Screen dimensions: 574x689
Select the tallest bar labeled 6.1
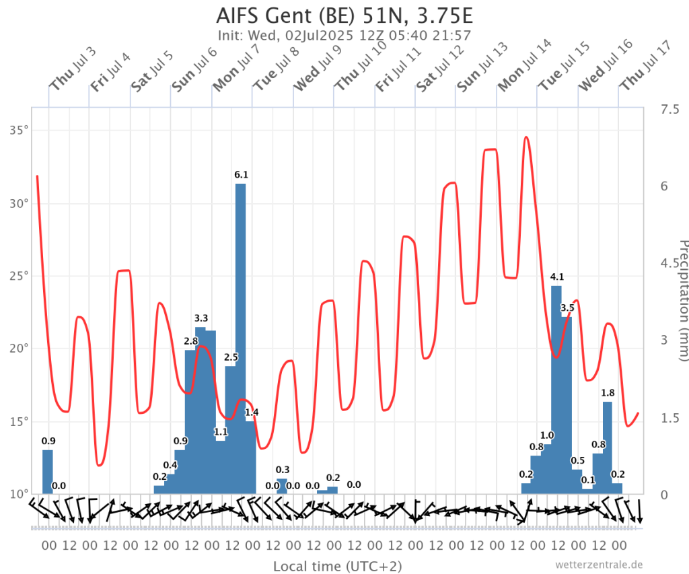point(240,336)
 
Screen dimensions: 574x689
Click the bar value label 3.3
point(201,318)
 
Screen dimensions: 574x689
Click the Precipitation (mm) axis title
point(682,300)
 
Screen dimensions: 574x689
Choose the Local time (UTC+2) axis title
point(337,566)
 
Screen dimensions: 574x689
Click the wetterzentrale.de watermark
point(599,564)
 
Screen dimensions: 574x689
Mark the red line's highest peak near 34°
point(526,137)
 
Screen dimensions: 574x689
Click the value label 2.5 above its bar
point(231,357)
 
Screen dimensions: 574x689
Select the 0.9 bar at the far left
point(48,472)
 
